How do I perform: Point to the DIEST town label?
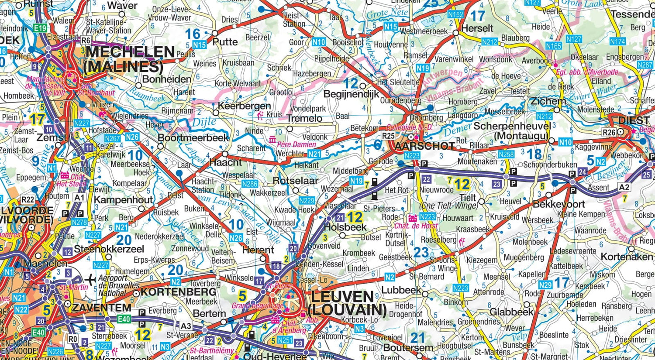click(x=634, y=120)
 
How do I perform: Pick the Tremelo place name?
click(x=304, y=118)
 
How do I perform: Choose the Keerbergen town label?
click(x=244, y=106)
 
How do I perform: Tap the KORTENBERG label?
click(x=179, y=291)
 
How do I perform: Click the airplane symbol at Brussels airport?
click(x=91, y=279)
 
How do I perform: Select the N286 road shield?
click(x=249, y=184)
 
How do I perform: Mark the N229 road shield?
click(x=307, y=201)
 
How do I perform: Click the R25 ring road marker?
click(x=388, y=136)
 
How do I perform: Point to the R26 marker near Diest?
click(x=609, y=132)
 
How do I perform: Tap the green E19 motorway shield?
click(x=40, y=28)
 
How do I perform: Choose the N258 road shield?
click(x=506, y=154)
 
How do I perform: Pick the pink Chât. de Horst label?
click(x=416, y=226)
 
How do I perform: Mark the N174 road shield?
click(x=617, y=41)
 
